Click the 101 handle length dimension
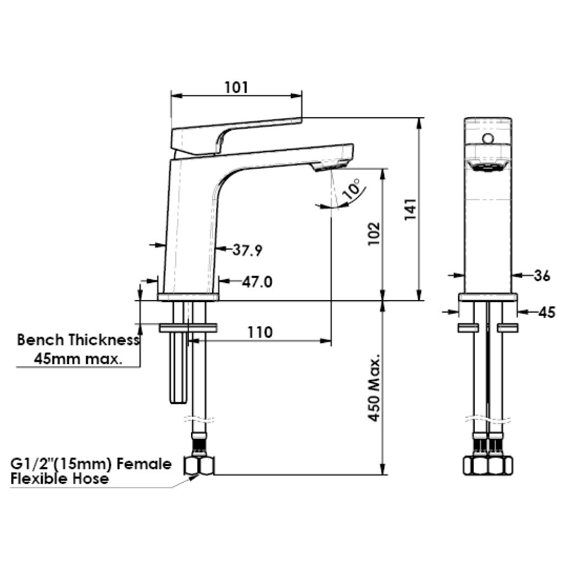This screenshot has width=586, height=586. click(x=237, y=87)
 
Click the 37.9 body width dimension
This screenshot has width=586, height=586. click(x=248, y=250)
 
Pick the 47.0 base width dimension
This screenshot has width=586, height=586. click(x=257, y=282)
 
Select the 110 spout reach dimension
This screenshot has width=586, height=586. click(x=260, y=332)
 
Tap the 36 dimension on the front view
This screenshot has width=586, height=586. click(x=541, y=276)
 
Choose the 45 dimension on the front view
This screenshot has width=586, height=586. click(x=546, y=312)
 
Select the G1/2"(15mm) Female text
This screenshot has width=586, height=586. click(x=91, y=464)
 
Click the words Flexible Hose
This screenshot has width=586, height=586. click(x=59, y=479)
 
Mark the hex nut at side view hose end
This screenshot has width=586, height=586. click(x=199, y=465)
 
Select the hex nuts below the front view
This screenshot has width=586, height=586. click(x=488, y=465)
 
